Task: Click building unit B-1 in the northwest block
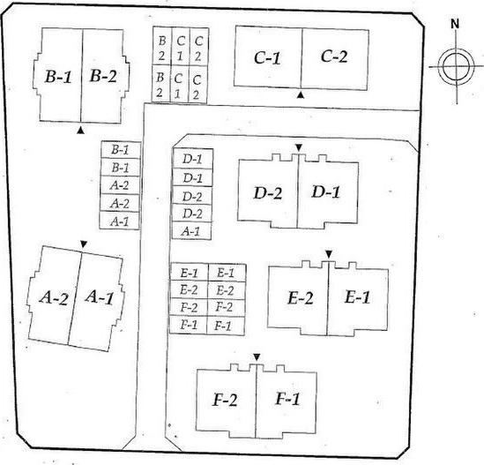click(59, 75)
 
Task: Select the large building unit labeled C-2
click(335, 59)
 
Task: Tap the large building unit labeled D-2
click(268, 193)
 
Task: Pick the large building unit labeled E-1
click(358, 298)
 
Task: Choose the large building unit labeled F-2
click(227, 401)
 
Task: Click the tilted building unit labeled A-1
click(97, 301)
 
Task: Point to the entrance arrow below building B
click(80, 131)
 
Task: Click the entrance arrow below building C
click(301, 95)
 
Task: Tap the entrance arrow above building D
click(298, 147)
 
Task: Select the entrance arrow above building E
click(329, 254)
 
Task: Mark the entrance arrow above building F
click(257, 357)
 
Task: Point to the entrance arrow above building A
click(84, 244)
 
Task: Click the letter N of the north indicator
click(455, 24)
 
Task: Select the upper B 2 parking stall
click(162, 46)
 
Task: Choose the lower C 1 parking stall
click(179, 84)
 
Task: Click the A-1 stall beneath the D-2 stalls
click(191, 231)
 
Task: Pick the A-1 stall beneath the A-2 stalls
click(119, 221)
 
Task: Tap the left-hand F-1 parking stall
click(189, 326)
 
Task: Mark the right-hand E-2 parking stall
click(227, 290)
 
